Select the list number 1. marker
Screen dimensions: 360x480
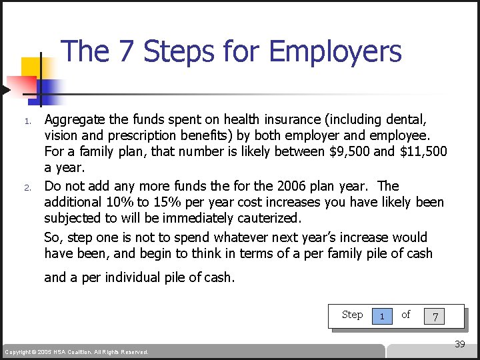click(x=27, y=121)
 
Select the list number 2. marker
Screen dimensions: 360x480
click(x=27, y=187)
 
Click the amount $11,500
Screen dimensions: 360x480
click(x=423, y=153)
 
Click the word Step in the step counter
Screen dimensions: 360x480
click(x=352, y=315)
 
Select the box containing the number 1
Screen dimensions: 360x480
click(x=381, y=316)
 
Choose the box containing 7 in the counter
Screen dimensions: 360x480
click(x=435, y=316)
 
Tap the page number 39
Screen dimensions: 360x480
click(x=459, y=344)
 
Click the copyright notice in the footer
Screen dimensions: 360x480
click(x=77, y=352)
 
